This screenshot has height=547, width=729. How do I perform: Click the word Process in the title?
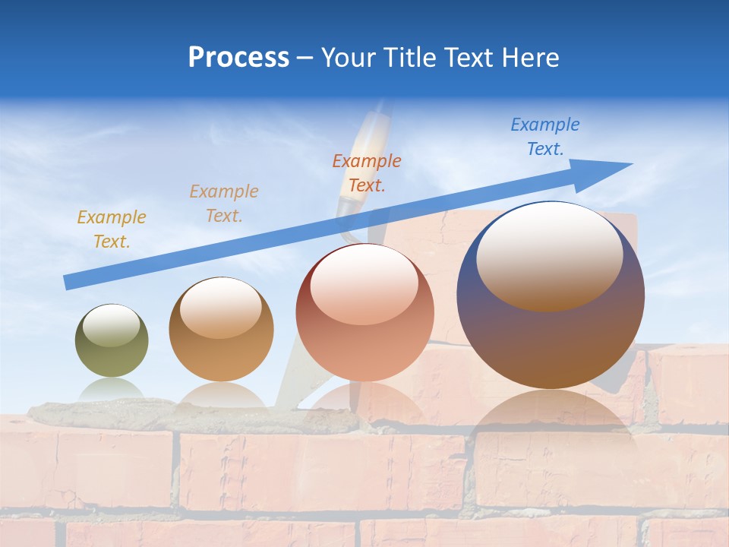(x=238, y=58)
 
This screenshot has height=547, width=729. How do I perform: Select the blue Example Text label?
(x=544, y=137)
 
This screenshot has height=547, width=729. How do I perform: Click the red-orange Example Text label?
(x=367, y=173)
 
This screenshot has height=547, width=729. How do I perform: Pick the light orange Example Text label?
(x=224, y=204)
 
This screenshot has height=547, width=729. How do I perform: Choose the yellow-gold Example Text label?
(x=111, y=229)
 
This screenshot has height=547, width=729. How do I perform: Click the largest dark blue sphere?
(x=551, y=342)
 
